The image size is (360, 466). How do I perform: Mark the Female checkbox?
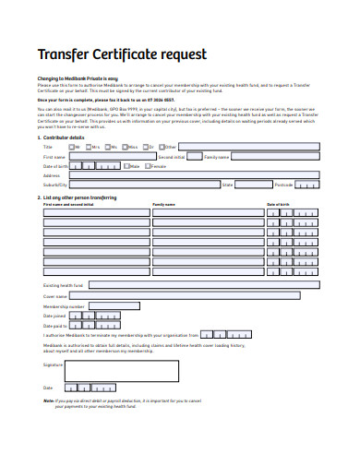tap(146, 166)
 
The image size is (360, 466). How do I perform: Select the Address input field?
tap(193, 175)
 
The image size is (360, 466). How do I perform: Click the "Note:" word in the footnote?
tap(49, 401)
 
